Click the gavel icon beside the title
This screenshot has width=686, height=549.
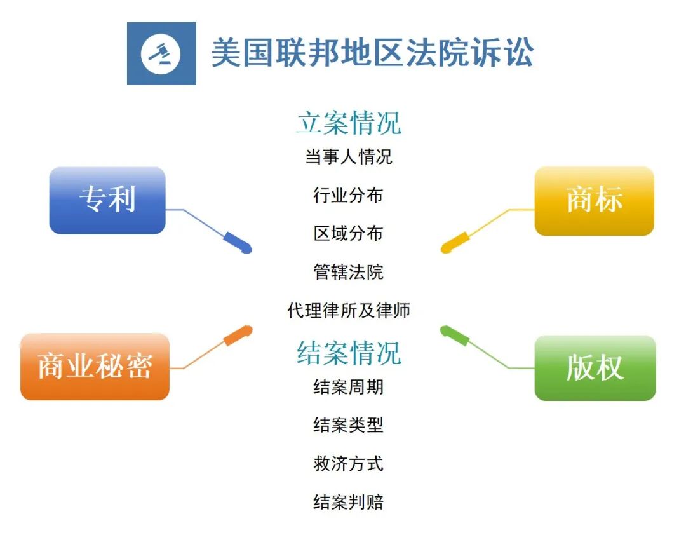161,54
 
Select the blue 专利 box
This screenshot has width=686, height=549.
107,200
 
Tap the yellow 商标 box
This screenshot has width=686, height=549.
594,201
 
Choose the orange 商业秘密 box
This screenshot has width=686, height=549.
95,367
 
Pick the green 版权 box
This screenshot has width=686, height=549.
595,368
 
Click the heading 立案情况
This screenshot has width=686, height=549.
349,123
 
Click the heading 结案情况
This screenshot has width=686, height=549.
349,353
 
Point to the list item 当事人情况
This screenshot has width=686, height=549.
349,156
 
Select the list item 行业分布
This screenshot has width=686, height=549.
349,195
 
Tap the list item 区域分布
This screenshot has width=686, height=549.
349,233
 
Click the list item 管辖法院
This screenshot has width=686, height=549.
349,272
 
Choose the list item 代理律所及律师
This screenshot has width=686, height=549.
349,311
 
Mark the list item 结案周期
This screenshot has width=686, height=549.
349,386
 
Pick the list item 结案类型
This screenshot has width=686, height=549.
349,425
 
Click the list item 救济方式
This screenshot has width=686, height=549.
349,464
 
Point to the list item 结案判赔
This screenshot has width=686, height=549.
349,503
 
